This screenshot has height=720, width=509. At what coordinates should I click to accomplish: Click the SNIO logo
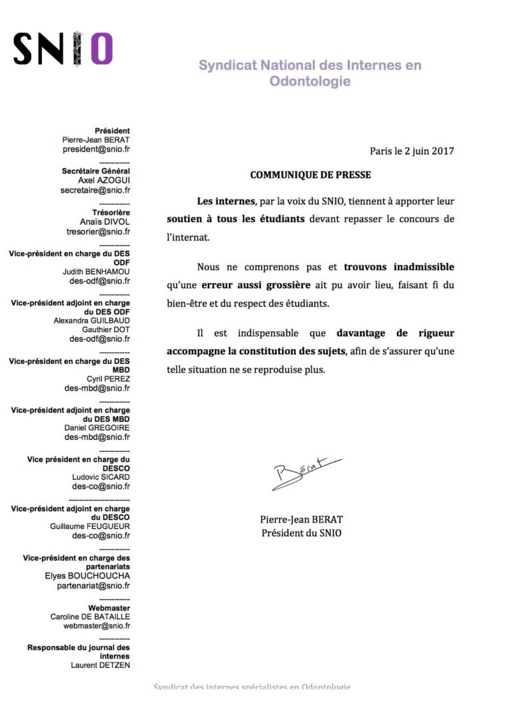point(63,49)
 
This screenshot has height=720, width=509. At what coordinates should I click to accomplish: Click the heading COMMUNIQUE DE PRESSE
point(310,175)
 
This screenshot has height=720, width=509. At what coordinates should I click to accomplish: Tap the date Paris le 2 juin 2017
point(412,151)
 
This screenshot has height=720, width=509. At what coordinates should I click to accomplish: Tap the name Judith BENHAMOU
point(97,271)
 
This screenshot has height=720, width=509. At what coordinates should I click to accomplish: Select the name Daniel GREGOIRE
point(97,427)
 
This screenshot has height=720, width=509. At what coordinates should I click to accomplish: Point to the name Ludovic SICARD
point(101,477)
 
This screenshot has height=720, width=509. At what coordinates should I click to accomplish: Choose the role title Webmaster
point(109,608)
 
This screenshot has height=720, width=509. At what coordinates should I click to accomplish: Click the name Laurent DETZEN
point(101,665)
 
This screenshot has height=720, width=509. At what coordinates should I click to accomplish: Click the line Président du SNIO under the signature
point(301,533)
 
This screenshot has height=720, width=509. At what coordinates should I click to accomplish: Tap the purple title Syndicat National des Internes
point(310,65)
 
